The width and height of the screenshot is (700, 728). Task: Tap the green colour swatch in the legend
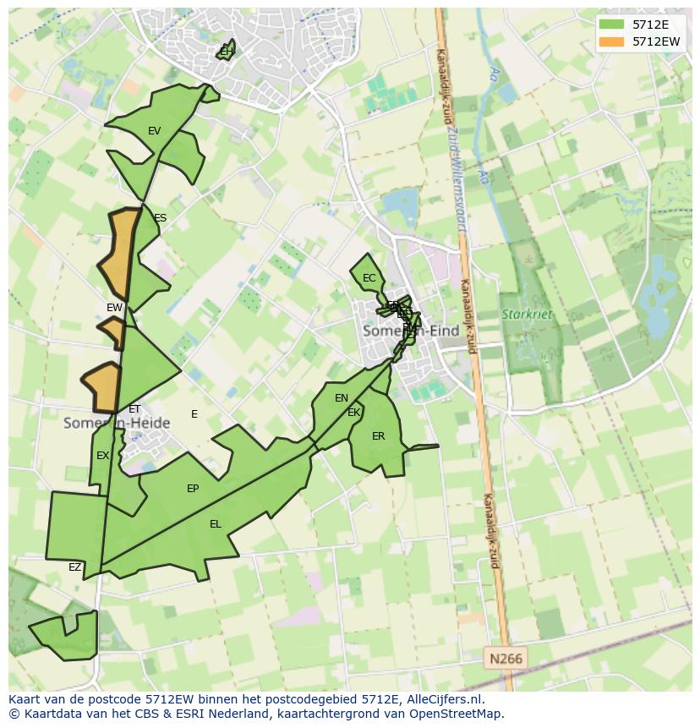click(x=610, y=25)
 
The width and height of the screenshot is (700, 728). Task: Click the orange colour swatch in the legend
click(x=610, y=41)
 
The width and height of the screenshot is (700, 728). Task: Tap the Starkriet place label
click(x=526, y=314)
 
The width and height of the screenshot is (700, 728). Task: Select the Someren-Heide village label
click(x=117, y=423)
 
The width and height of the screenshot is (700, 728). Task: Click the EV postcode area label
click(x=154, y=131)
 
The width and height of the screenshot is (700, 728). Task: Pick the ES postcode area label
click(x=160, y=218)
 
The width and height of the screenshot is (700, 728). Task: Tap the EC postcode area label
click(x=369, y=278)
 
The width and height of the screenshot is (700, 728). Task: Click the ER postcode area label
click(x=378, y=436)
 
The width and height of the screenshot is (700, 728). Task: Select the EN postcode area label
click(x=342, y=398)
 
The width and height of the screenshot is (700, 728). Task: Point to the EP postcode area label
click(x=193, y=489)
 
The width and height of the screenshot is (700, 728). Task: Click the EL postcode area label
click(x=216, y=524)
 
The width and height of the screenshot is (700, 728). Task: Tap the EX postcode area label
click(x=102, y=456)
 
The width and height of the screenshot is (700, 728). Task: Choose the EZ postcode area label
click(x=75, y=567)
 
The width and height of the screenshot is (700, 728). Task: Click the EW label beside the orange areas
click(x=114, y=308)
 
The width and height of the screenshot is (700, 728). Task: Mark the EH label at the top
click(x=226, y=52)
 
